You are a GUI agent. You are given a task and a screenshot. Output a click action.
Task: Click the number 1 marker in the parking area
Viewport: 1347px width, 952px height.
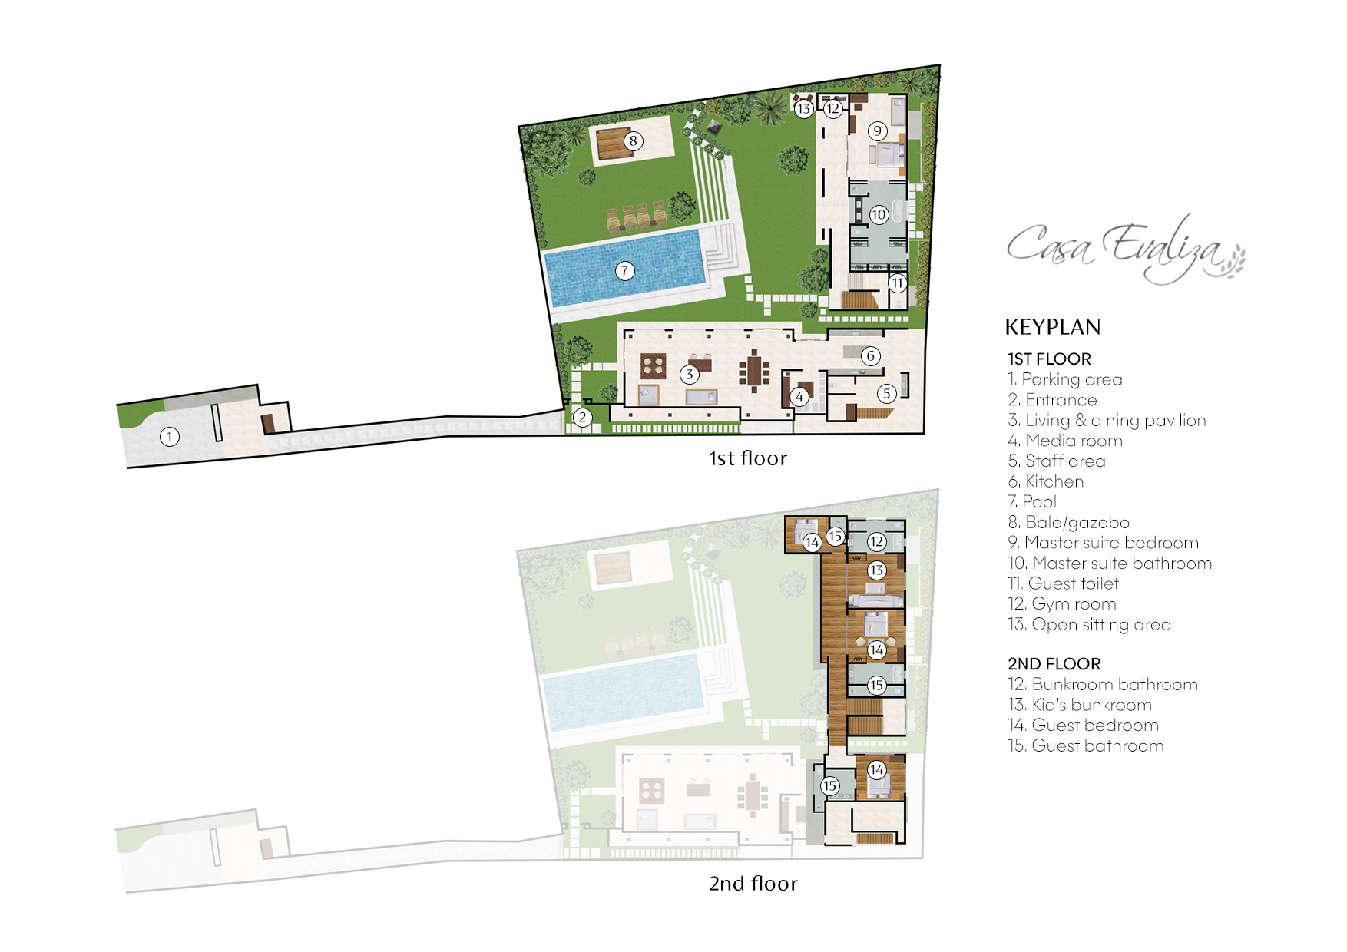click(170, 437)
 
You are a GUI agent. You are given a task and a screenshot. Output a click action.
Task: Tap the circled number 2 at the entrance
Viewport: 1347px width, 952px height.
click(583, 418)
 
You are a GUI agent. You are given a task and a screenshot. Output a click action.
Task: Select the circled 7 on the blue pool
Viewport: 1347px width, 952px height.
click(625, 270)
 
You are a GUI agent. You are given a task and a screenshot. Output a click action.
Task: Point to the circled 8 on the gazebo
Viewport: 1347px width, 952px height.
click(633, 140)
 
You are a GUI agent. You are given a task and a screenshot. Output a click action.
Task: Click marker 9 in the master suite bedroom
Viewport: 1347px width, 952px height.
click(878, 131)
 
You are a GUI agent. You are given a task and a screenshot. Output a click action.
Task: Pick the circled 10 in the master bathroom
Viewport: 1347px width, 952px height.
click(879, 214)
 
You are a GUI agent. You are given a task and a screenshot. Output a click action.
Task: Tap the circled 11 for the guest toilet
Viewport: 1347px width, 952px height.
click(897, 283)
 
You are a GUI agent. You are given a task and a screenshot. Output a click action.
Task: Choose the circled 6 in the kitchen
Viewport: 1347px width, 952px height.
click(870, 355)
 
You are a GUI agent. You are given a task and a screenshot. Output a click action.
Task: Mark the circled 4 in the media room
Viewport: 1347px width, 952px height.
click(799, 396)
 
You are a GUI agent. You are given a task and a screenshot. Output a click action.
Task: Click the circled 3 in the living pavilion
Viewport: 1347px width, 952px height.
click(690, 374)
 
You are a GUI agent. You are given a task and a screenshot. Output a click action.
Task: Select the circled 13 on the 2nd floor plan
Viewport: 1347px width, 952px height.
click(876, 570)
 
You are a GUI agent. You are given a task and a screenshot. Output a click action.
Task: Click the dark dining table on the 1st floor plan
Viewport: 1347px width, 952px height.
click(755, 372)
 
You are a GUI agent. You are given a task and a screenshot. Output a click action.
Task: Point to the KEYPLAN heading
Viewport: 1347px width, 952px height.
click(1052, 327)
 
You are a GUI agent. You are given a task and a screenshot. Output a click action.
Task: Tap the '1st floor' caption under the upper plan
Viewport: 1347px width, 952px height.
click(747, 458)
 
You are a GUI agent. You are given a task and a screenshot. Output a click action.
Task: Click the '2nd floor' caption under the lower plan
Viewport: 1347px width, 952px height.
click(753, 883)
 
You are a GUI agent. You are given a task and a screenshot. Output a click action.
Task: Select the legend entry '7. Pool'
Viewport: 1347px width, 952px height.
click(1032, 502)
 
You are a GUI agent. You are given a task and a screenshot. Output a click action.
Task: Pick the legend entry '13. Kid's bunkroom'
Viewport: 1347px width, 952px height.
click(1079, 705)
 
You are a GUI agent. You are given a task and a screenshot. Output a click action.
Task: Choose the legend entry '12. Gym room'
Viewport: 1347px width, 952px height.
click(1061, 604)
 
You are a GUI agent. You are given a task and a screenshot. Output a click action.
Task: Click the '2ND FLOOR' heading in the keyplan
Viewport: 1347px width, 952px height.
click(1054, 664)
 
